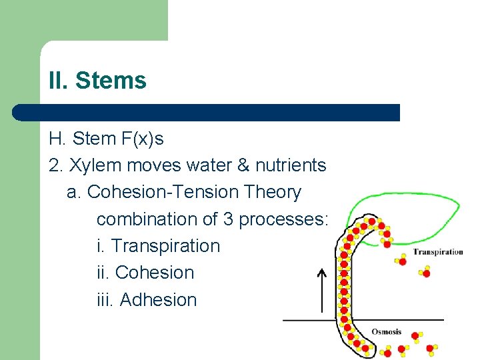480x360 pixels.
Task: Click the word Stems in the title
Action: pyautogui.click(x=111, y=81)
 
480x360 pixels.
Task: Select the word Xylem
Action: pyautogui.click(x=91, y=165)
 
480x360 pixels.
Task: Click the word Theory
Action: pyautogui.click(x=273, y=192)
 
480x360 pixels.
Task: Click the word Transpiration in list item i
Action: pyautogui.click(x=165, y=246)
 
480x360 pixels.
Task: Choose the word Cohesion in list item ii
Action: pyautogui.click(x=155, y=273)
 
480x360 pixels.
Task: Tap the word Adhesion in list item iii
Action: pyautogui.click(x=159, y=300)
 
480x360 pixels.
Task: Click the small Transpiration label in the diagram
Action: pyautogui.click(x=437, y=252)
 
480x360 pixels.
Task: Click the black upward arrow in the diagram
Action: pyautogui.click(x=321, y=291)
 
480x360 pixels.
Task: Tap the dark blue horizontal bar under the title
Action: pyautogui.click(x=207, y=112)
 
